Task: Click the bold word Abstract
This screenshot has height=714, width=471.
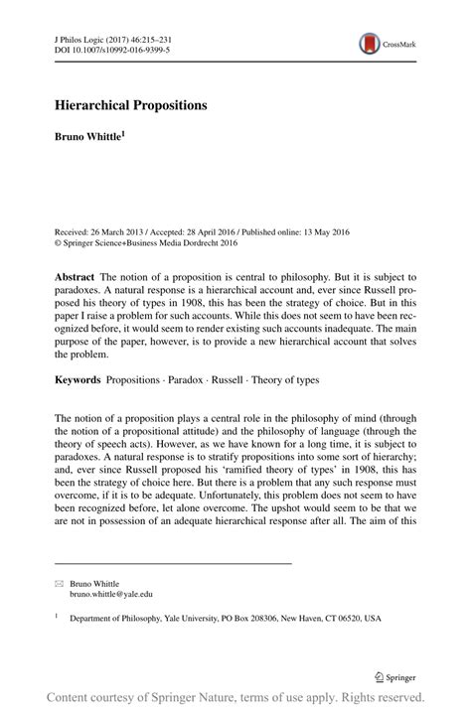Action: tap(75, 275)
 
